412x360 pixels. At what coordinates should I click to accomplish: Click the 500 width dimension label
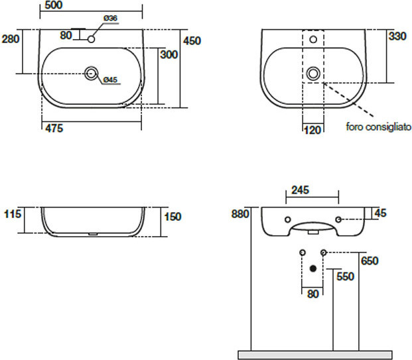click(54, 5)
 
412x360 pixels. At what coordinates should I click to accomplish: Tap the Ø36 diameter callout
click(110, 18)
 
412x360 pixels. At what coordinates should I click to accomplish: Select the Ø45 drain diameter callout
click(110, 80)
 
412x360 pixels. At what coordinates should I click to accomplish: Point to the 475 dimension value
click(54, 129)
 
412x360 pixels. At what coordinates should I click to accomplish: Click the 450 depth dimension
click(192, 41)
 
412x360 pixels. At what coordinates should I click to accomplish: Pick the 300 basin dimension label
click(169, 54)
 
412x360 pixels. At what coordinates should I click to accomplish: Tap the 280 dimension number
click(11, 39)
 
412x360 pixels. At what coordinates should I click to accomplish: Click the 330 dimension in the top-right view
click(398, 36)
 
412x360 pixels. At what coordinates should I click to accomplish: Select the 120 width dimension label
click(312, 130)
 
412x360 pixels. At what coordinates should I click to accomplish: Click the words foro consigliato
click(378, 127)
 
